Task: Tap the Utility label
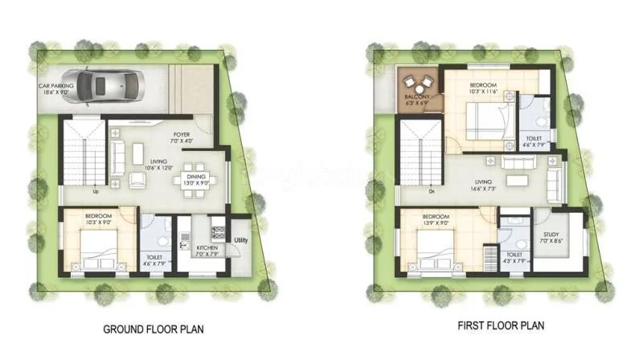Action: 240,240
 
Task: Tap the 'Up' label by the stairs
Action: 96,192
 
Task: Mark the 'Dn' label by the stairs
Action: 432,191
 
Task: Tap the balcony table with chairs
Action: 418,83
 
